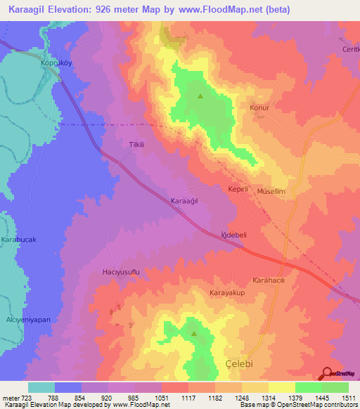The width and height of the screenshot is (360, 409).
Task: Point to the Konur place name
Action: click(x=260, y=108)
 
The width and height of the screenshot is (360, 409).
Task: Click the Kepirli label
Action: click(x=238, y=190)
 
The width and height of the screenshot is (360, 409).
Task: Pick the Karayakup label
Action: click(x=227, y=292)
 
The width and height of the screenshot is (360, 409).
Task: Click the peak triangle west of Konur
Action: click(x=201, y=96)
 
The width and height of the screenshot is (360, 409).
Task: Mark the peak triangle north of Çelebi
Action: click(x=194, y=334)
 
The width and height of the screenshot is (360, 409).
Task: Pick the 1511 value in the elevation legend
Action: click(x=348, y=398)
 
